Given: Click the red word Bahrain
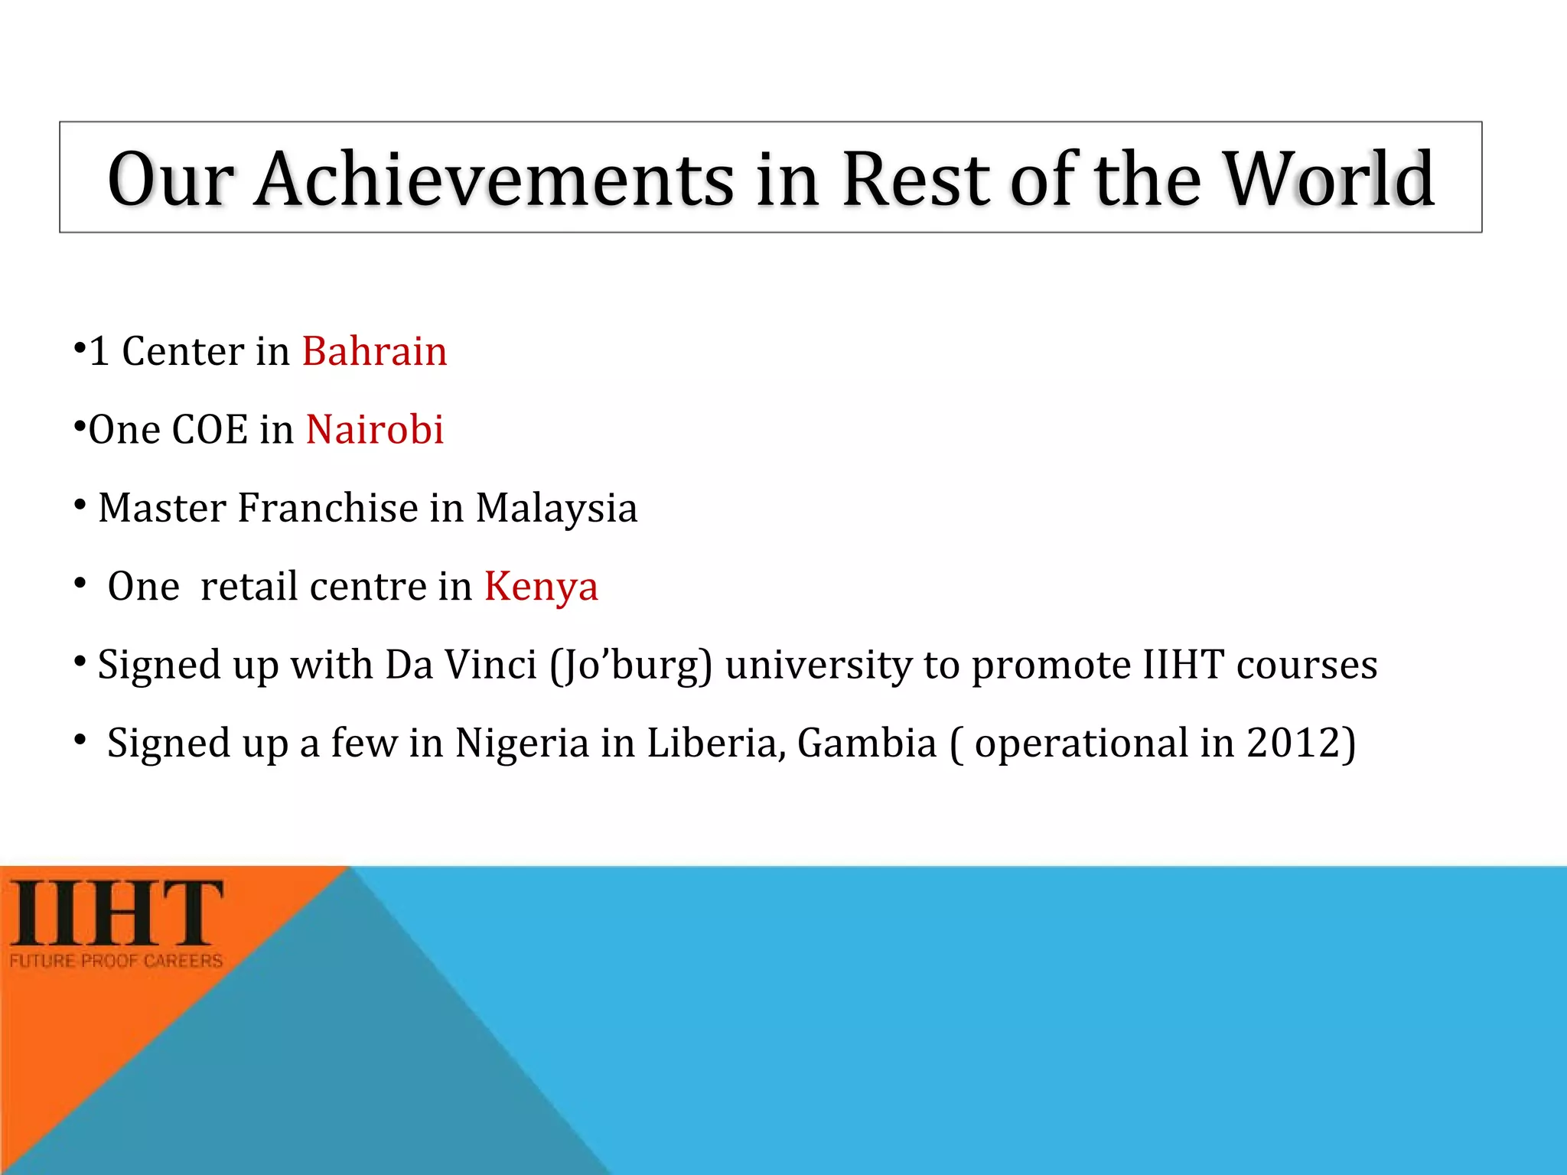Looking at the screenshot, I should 374,352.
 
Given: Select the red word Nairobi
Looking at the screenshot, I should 375,430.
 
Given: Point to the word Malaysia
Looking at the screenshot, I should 556,508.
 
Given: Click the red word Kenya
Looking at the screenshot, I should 541,587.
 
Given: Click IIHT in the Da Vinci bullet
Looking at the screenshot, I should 1184,665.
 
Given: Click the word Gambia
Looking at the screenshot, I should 867,744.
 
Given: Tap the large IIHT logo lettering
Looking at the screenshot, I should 116,913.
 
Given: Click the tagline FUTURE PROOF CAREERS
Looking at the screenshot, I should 116,961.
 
